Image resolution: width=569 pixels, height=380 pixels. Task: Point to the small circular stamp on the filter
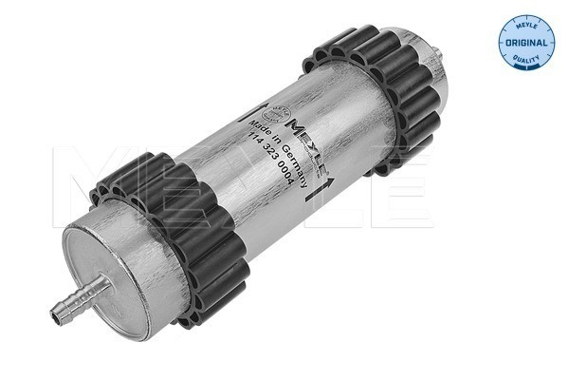coord(271,112)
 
